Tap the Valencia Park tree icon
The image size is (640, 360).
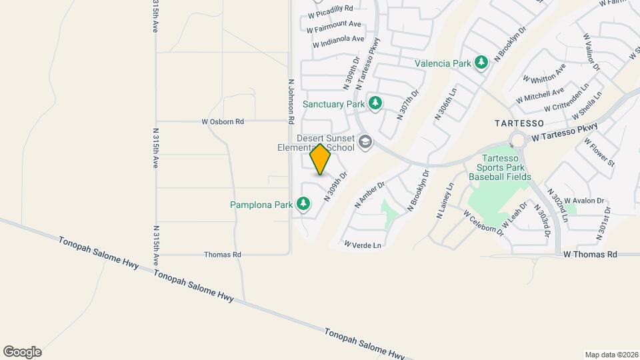(481, 63)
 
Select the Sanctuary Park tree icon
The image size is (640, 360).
(375, 103)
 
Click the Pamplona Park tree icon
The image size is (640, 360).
(304, 203)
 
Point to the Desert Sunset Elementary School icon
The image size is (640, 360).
(365, 142)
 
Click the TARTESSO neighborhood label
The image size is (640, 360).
(519, 124)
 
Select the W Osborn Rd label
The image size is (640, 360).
(223, 122)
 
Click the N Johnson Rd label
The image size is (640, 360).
(291, 103)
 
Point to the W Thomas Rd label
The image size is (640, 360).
(590, 254)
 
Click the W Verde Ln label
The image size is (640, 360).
(363, 245)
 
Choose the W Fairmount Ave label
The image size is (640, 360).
(335, 26)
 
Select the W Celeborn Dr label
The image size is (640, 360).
(483, 222)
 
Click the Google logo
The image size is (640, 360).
(22, 352)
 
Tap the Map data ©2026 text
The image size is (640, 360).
(611, 354)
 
